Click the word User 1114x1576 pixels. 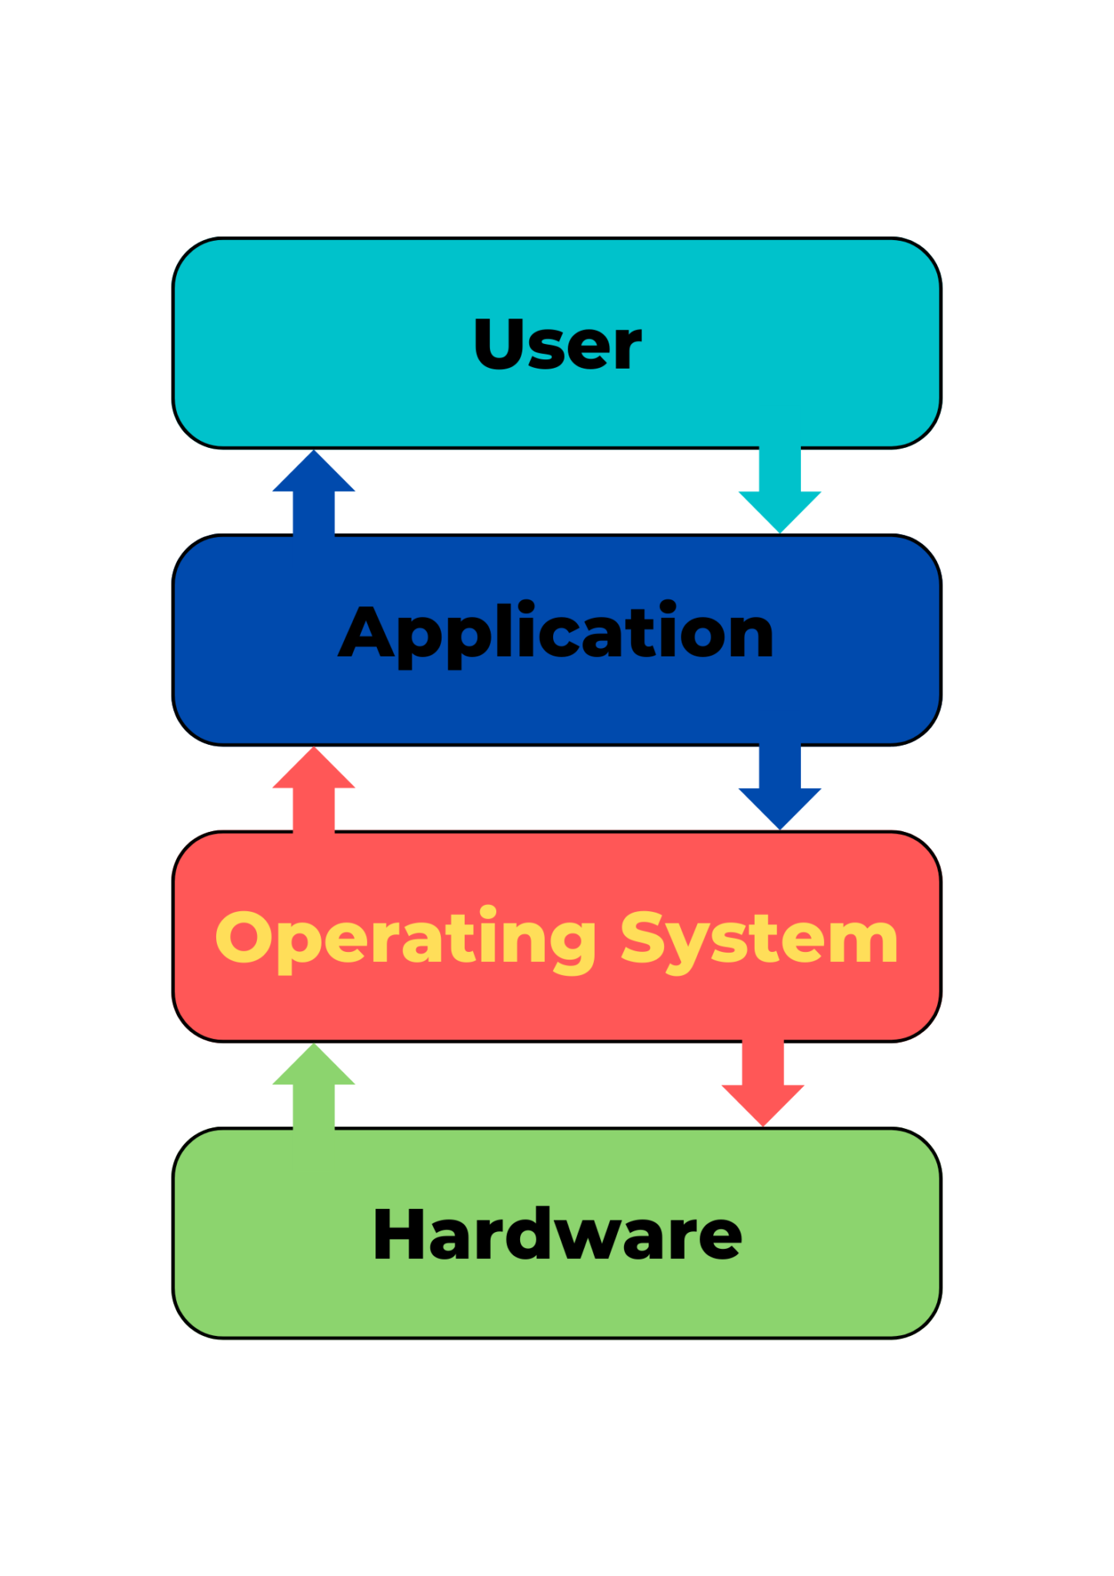tap(557, 344)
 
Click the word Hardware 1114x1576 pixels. tap(557, 1234)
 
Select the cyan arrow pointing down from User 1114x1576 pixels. tap(779, 489)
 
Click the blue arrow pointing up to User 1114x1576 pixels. tap(314, 492)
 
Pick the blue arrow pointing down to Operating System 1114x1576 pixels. tap(779, 786)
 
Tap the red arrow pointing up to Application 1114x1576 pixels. tap(314, 790)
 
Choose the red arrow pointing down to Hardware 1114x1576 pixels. tap(762, 1083)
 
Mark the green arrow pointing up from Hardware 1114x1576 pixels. tap(314, 1086)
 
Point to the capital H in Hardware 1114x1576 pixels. tap(400, 1234)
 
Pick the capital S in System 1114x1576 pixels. tap(643, 937)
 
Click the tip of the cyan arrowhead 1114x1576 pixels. tap(779, 533)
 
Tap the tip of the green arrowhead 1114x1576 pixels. tap(314, 1043)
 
